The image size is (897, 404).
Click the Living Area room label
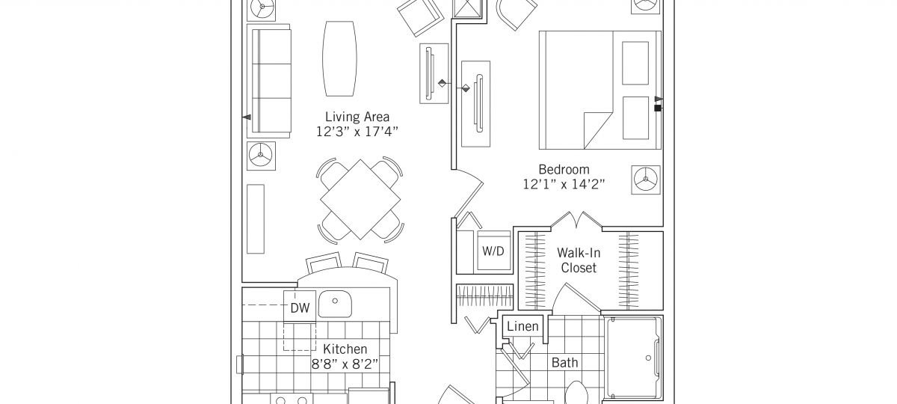(357, 117)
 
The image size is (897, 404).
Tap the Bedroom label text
(564, 170)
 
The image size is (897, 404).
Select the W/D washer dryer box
(493, 251)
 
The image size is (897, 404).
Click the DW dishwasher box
(300, 307)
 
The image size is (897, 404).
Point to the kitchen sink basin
(335, 304)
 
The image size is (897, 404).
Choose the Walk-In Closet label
(579, 260)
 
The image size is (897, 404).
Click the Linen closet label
(523, 326)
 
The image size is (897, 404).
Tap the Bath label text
(564, 363)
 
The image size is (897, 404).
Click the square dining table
(360, 200)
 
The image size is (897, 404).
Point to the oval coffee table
(339, 58)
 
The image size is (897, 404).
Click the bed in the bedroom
(599, 91)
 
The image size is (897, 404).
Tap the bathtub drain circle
(648, 358)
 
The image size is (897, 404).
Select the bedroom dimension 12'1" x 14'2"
(564, 184)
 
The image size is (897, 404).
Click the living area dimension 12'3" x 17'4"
(357, 132)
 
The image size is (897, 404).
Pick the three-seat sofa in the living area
(268, 81)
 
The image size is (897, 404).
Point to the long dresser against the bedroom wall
(475, 104)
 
